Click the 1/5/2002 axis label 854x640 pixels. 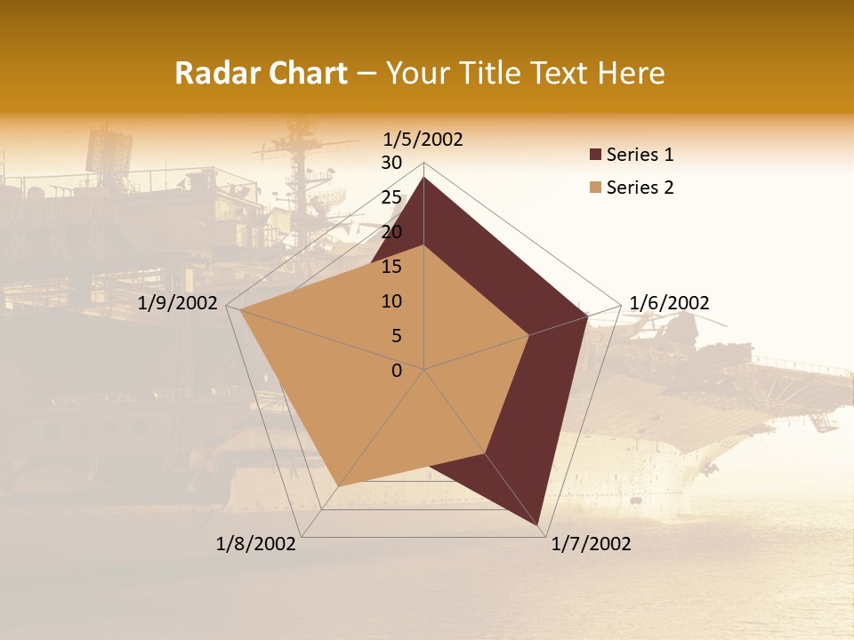click(x=423, y=140)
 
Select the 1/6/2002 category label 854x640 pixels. click(x=669, y=303)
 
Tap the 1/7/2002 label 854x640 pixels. click(x=591, y=544)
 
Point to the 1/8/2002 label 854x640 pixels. click(x=256, y=544)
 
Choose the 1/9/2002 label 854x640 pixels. click(x=178, y=303)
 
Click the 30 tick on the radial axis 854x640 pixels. click(x=391, y=163)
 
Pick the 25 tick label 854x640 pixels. click(x=391, y=197)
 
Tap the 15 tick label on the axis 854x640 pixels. click(x=391, y=267)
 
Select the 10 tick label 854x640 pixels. click(x=391, y=301)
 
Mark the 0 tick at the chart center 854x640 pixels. click(x=397, y=371)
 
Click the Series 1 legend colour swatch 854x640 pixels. click(x=595, y=156)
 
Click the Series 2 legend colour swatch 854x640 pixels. click(x=595, y=188)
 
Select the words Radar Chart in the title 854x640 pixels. click(x=261, y=73)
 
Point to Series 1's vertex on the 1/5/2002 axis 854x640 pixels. click(x=423, y=177)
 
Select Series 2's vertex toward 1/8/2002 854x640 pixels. click(x=338, y=486)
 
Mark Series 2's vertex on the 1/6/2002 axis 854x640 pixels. click(x=529, y=335)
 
